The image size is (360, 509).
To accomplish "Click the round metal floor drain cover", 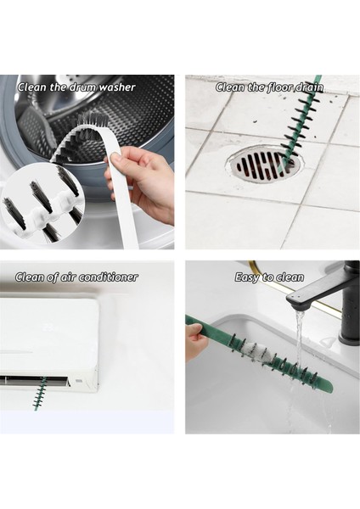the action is pyautogui.click(x=263, y=165).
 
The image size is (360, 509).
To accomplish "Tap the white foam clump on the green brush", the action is pyautogui.click(x=256, y=351).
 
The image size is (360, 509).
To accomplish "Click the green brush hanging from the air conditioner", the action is pyautogui.click(x=39, y=393).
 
